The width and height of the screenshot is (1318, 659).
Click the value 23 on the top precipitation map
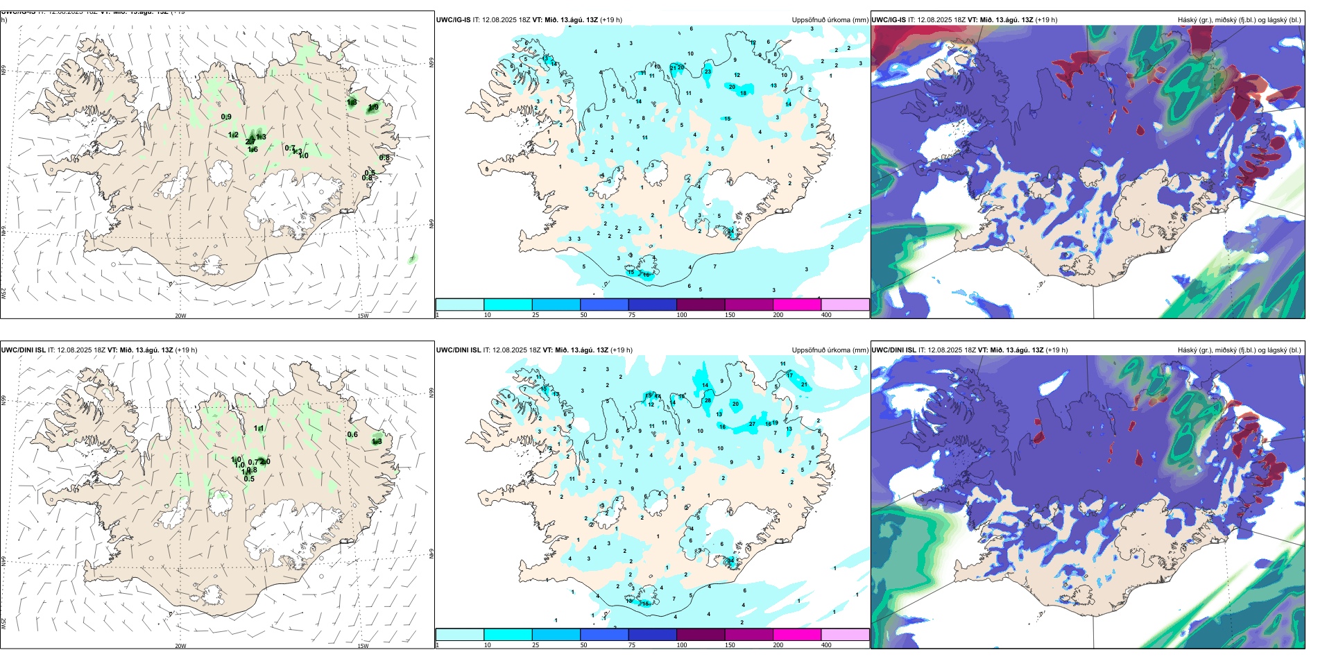(x=708, y=71)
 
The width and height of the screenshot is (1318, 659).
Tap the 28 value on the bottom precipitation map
(x=708, y=400)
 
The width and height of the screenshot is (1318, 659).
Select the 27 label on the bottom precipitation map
(x=752, y=424)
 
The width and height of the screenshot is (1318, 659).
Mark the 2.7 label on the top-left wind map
(x=250, y=142)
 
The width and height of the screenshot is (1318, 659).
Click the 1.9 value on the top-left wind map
(x=373, y=107)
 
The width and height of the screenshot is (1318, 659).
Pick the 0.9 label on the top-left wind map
(x=226, y=117)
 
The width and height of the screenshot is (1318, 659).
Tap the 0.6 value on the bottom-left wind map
(x=352, y=435)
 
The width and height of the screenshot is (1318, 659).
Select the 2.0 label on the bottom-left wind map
(x=265, y=462)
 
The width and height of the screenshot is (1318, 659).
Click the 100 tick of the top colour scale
(x=682, y=315)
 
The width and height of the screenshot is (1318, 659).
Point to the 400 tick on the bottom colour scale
(x=826, y=645)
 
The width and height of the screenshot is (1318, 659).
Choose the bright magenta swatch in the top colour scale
(x=796, y=305)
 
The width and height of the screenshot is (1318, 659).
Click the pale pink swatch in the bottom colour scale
(x=845, y=634)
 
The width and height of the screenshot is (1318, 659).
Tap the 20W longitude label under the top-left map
(x=180, y=316)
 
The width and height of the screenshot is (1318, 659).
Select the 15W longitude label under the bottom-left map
(x=362, y=646)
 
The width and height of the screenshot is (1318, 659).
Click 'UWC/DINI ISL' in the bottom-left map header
(x=23, y=350)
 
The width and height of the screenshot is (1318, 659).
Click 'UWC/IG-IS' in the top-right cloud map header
(x=889, y=20)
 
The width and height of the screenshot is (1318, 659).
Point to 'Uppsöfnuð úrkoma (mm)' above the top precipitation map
(x=830, y=20)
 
